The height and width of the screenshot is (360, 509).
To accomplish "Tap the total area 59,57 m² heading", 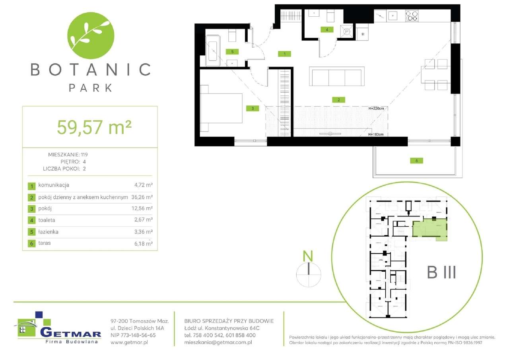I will [94, 127].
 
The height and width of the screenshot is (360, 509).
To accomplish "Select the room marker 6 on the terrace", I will [416, 161].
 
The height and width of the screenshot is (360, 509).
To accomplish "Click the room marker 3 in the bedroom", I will [253, 108].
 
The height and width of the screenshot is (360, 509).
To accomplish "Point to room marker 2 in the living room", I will [338, 100].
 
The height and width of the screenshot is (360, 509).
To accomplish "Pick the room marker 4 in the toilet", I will [326, 29].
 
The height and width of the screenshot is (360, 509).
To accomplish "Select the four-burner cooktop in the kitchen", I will [412, 16].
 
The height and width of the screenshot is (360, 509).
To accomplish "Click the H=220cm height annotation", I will [377, 108].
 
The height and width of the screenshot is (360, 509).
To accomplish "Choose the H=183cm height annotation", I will [375, 134].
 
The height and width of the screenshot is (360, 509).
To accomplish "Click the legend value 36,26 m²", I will [142, 197].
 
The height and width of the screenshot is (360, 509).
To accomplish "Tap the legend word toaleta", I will [47, 220].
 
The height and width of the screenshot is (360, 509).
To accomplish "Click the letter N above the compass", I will [307, 256].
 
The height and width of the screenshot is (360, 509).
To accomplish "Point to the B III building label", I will [441, 273].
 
